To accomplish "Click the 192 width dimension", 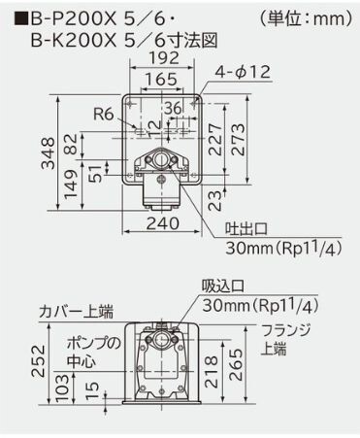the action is click(x=164, y=58).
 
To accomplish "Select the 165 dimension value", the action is click(x=161, y=80).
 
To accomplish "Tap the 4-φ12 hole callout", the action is click(x=243, y=72).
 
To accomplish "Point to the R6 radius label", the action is click(x=104, y=114).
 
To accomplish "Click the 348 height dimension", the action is click(x=49, y=153).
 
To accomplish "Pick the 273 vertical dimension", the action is click(x=238, y=139).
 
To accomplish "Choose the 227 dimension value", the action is click(x=215, y=139).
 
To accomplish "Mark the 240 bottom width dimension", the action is click(x=163, y=223).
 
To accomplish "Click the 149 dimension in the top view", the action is click(x=71, y=185).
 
